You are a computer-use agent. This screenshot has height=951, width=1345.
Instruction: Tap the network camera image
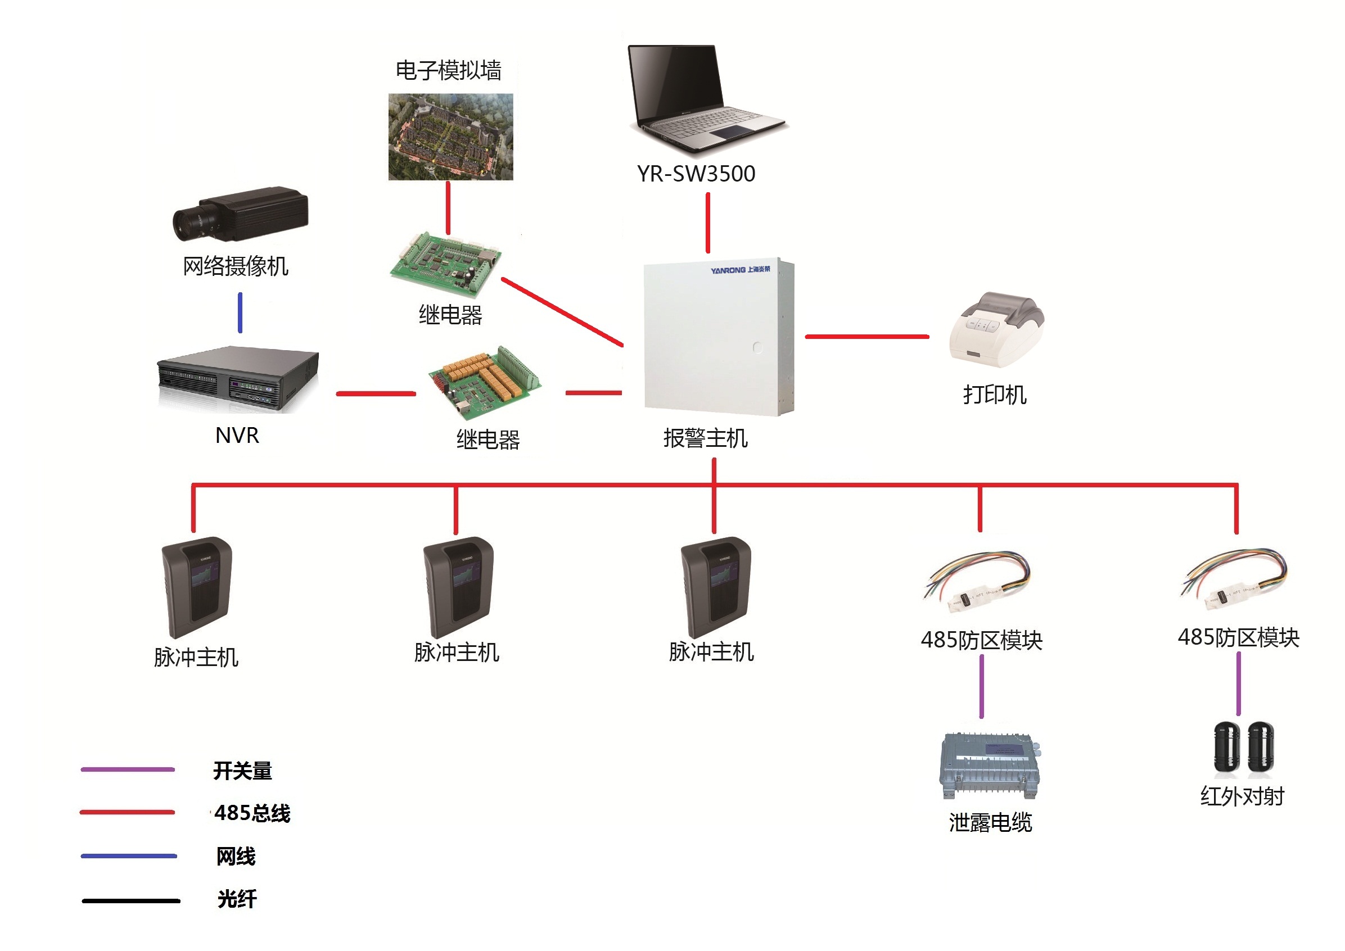click(240, 214)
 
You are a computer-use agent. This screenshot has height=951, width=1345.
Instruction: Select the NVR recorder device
click(237, 379)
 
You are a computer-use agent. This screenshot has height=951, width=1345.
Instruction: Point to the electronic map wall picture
click(450, 137)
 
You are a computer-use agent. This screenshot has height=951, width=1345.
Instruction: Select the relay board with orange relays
click(485, 382)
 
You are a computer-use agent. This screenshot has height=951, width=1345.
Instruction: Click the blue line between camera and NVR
click(240, 313)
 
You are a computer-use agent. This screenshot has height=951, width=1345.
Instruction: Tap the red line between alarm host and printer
click(867, 337)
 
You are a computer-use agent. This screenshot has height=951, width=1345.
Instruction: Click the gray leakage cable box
click(989, 766)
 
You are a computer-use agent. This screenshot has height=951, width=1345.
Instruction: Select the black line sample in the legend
click(130, 900)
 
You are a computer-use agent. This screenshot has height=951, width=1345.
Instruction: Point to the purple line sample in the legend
click(128, 769)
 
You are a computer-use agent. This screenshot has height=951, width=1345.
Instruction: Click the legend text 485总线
click(252, 813)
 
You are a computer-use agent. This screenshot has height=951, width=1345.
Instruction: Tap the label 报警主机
click(705, 438)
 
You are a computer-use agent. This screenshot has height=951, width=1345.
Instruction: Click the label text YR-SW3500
click(696, 174)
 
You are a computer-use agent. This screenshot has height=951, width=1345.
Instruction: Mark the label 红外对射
click(1242, 796)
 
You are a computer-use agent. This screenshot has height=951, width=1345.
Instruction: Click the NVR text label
click(237, 435)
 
